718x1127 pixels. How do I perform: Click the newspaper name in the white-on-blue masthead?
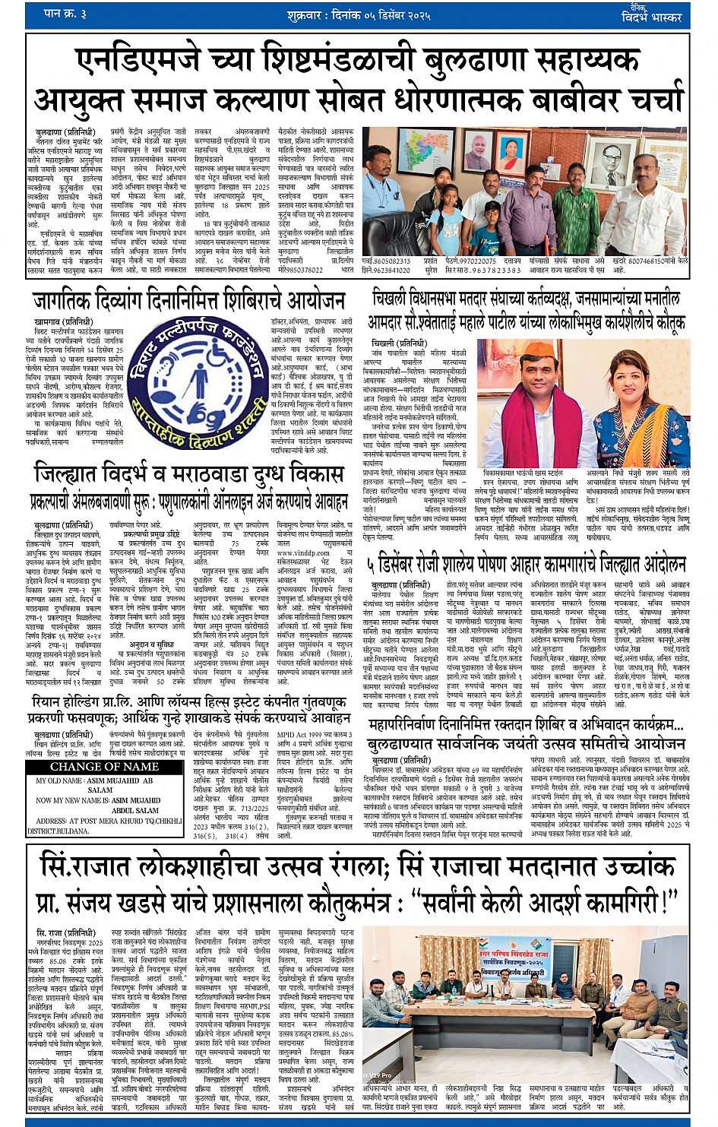[651, 15]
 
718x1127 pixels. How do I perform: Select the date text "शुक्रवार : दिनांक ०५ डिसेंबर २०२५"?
[359, 15]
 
